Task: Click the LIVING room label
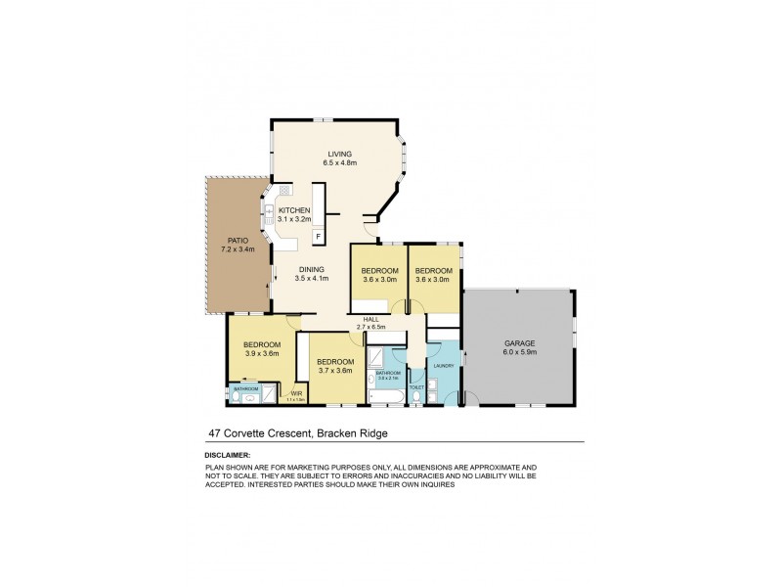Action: coord(339,154)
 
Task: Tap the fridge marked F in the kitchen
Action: coord(319,236)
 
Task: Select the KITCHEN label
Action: coord(294,210)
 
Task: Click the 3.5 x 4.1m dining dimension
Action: coord(311,279)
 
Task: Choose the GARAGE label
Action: coord(518,343)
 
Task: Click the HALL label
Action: coord(370,319)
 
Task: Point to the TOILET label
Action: coord(416,387)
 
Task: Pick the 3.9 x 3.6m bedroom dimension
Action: coord(262,354)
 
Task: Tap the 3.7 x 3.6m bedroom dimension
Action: coord(334,371)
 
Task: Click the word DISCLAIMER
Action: coord(228,455)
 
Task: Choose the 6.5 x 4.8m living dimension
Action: coord(339,162)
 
